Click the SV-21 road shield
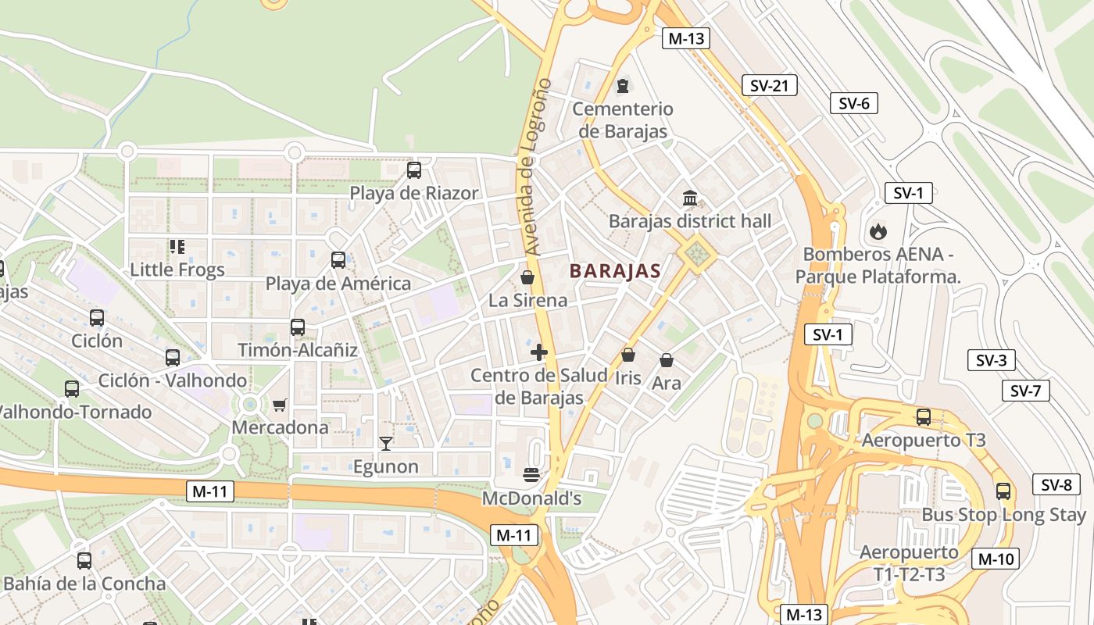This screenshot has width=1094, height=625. coord(769,85)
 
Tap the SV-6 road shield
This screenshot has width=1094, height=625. coord(853,103)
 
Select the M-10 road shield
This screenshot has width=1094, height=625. coord(995,559)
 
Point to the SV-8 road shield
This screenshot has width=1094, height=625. coord(1056,484)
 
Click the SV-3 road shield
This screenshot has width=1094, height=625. coord(991,360)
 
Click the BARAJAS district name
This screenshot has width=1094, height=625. coord(615,271)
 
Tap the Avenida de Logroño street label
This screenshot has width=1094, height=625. coord(538,167)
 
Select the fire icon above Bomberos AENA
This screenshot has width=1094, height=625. coord(878,231)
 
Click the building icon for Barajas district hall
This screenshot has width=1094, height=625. coord(689,198)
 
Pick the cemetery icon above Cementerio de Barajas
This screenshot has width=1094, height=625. coord(623,85)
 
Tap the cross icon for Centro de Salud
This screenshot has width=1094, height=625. coord(538,352)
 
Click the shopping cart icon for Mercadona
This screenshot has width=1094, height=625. coord(279,405)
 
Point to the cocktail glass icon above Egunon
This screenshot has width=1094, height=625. coord(385,444)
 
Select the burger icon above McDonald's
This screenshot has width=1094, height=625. coord(531,474)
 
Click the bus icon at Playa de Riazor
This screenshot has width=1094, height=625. coord(414,170)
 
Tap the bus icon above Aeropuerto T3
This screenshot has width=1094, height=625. coord(924,417)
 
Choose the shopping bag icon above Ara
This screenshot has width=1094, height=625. coord(667,360)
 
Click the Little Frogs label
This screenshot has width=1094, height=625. coord(177,270)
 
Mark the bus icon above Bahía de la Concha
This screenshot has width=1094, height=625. coord(84,560)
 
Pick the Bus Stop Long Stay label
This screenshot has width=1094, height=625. coord(1003,515)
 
